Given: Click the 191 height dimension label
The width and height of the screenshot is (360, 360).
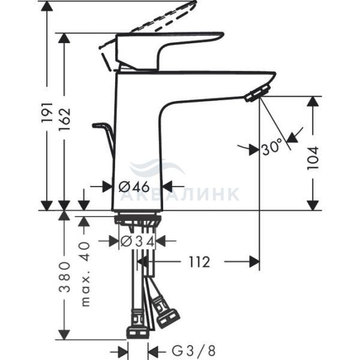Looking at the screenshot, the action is (x=47, y=113).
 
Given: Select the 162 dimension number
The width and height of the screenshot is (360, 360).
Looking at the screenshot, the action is (x=64, y=118).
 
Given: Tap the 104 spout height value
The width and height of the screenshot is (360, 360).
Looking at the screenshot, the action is (x=313, y=158).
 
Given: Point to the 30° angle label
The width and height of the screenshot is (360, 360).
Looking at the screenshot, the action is (x=272, y=147).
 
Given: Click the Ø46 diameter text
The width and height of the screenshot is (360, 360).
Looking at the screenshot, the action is (x=134, y=187).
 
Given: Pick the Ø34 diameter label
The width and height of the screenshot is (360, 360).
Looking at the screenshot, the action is (x=137, y=241).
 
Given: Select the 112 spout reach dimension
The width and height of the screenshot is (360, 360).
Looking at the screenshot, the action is (x=199, y=262).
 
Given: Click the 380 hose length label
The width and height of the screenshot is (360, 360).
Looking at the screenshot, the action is (x=64, y=276).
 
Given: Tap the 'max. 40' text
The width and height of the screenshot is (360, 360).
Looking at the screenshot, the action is (x=85, y=274).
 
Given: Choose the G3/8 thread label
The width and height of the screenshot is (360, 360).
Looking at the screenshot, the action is (x=194, y=350).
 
